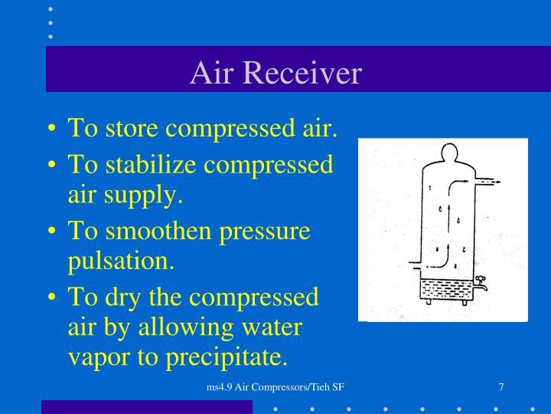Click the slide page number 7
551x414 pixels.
point(500,387)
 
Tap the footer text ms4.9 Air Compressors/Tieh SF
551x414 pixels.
point(275,387)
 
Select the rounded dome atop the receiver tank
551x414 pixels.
point(443,153)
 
